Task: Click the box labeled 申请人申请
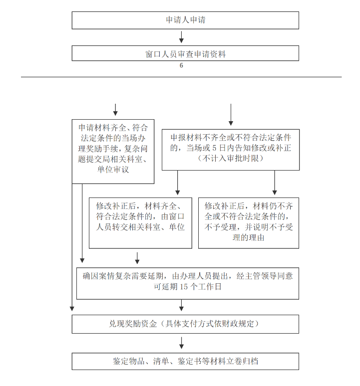185,20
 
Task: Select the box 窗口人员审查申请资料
185,53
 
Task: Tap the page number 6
181,65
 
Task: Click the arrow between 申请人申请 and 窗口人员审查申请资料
181,37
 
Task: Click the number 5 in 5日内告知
214,148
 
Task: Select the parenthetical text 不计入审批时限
230,158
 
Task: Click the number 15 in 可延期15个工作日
184,287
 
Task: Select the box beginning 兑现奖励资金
185,324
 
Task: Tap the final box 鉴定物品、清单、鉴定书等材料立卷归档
185,362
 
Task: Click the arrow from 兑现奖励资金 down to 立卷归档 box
181,343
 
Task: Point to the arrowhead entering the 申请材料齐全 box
115,113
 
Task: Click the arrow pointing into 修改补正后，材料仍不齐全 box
275,183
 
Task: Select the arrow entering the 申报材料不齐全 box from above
231,115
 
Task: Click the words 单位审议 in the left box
113,170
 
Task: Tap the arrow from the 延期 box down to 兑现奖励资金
181,305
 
